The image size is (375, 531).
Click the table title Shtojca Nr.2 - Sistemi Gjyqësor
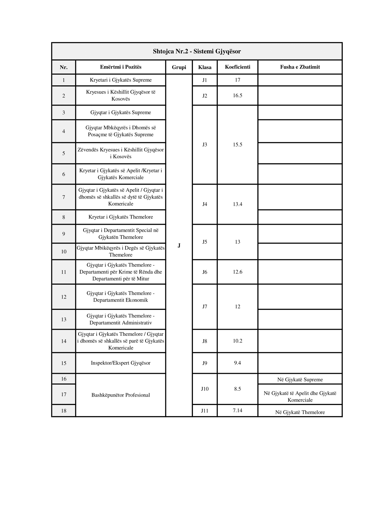coord(197,51)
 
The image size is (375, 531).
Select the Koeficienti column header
coord(237,67)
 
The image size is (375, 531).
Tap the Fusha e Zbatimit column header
coord(300,67)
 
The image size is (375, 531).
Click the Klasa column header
coord(205,67)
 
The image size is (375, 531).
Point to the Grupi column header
coord(179,67)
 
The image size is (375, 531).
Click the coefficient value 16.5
coord(237,95)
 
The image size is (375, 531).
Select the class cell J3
coord(205,145)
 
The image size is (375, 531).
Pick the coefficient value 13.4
coord(237,204)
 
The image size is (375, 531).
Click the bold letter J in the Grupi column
coord(179,245)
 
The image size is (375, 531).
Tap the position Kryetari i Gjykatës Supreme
coord(121,80)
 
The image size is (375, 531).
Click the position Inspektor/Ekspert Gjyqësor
coord(121,363)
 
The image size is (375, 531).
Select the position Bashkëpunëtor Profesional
coord(121,395)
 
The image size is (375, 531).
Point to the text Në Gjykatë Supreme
coord(300,380)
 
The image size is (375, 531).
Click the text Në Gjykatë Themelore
coord(300,412)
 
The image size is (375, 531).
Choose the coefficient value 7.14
coord(237,410)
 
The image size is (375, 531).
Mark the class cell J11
coord(205,410)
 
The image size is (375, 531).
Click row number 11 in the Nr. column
coord(64,272)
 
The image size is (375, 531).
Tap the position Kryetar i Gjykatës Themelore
coord(121,217)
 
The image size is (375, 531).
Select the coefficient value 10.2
coord(237,341)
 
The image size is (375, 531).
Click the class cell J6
coord(205,272)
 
